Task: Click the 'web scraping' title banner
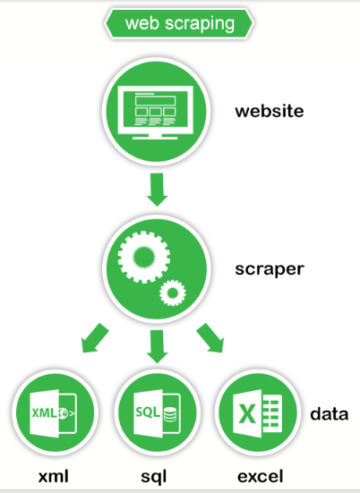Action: pos(179,23)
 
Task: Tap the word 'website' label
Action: pos(270,111)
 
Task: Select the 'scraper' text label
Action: pos(270,269)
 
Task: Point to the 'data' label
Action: pos(330,413)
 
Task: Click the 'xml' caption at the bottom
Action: pos(53,476)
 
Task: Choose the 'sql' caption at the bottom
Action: pos(153,477)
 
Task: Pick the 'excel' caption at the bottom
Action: pos(261,476)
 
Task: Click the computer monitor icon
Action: pos(156,112)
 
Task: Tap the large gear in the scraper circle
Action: pos(144,257)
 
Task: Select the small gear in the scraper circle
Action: pos(173,293)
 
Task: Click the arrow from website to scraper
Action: pos(157,190)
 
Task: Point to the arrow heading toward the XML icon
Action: pos(94,338)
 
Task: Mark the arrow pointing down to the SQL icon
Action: pos(157,346)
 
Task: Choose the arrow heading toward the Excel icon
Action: pos(210,338)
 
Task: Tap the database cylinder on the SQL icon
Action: pos(170,414)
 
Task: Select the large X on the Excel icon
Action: pos(247,414)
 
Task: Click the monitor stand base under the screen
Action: pos(155,138)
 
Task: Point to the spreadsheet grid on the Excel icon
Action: pos(270,413)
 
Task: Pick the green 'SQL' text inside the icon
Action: pos(148,412)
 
